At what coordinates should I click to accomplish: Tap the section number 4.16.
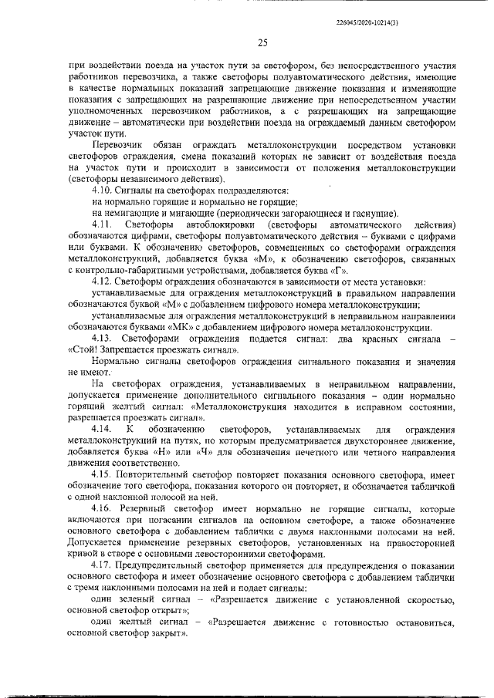coord(102,511)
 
